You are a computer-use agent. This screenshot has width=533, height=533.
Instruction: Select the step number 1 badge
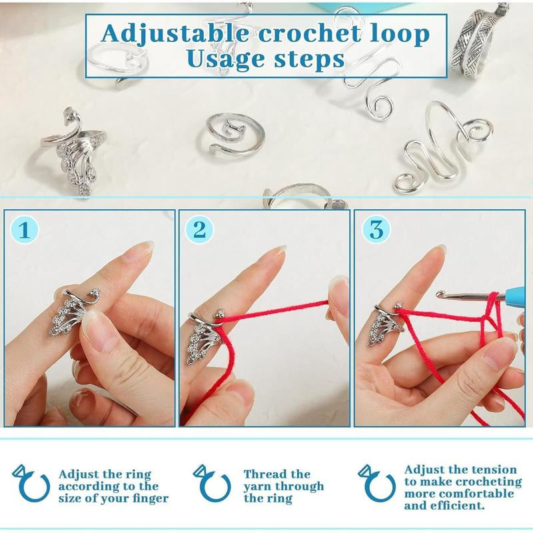pyautogui.click(x=24, y=231)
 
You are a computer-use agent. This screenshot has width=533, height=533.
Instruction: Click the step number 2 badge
pyautogui.click(x=199, y=231)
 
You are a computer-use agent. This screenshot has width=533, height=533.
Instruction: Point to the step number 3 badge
pyautogui.click(x=376, y=231)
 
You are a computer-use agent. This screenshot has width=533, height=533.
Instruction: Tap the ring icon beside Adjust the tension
pyautogui.click(x=376, y=483)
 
